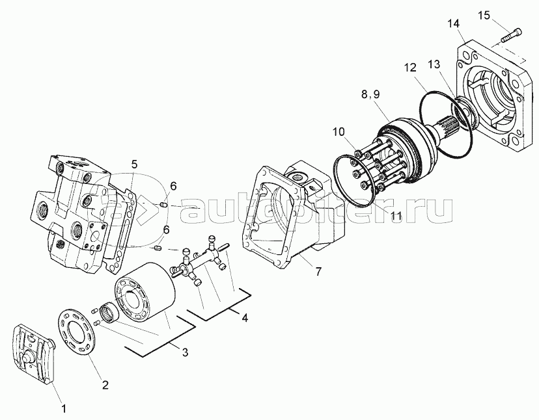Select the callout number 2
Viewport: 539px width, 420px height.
click(x=104, y=383)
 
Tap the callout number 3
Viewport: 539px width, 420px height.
click(x=185, y=352)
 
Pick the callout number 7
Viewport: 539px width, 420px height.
click(x=318, y=272)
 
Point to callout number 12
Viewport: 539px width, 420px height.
click(x=409, y=67)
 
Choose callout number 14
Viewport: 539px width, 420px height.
click(x=454, y=24)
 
